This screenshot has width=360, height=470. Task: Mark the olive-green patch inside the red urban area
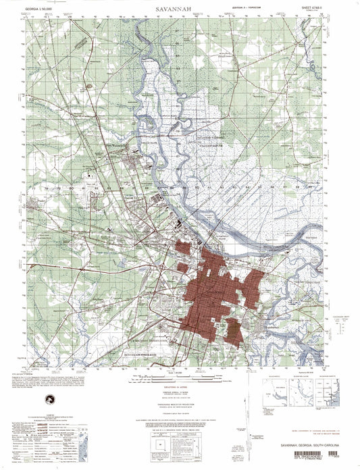coord(232,330)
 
